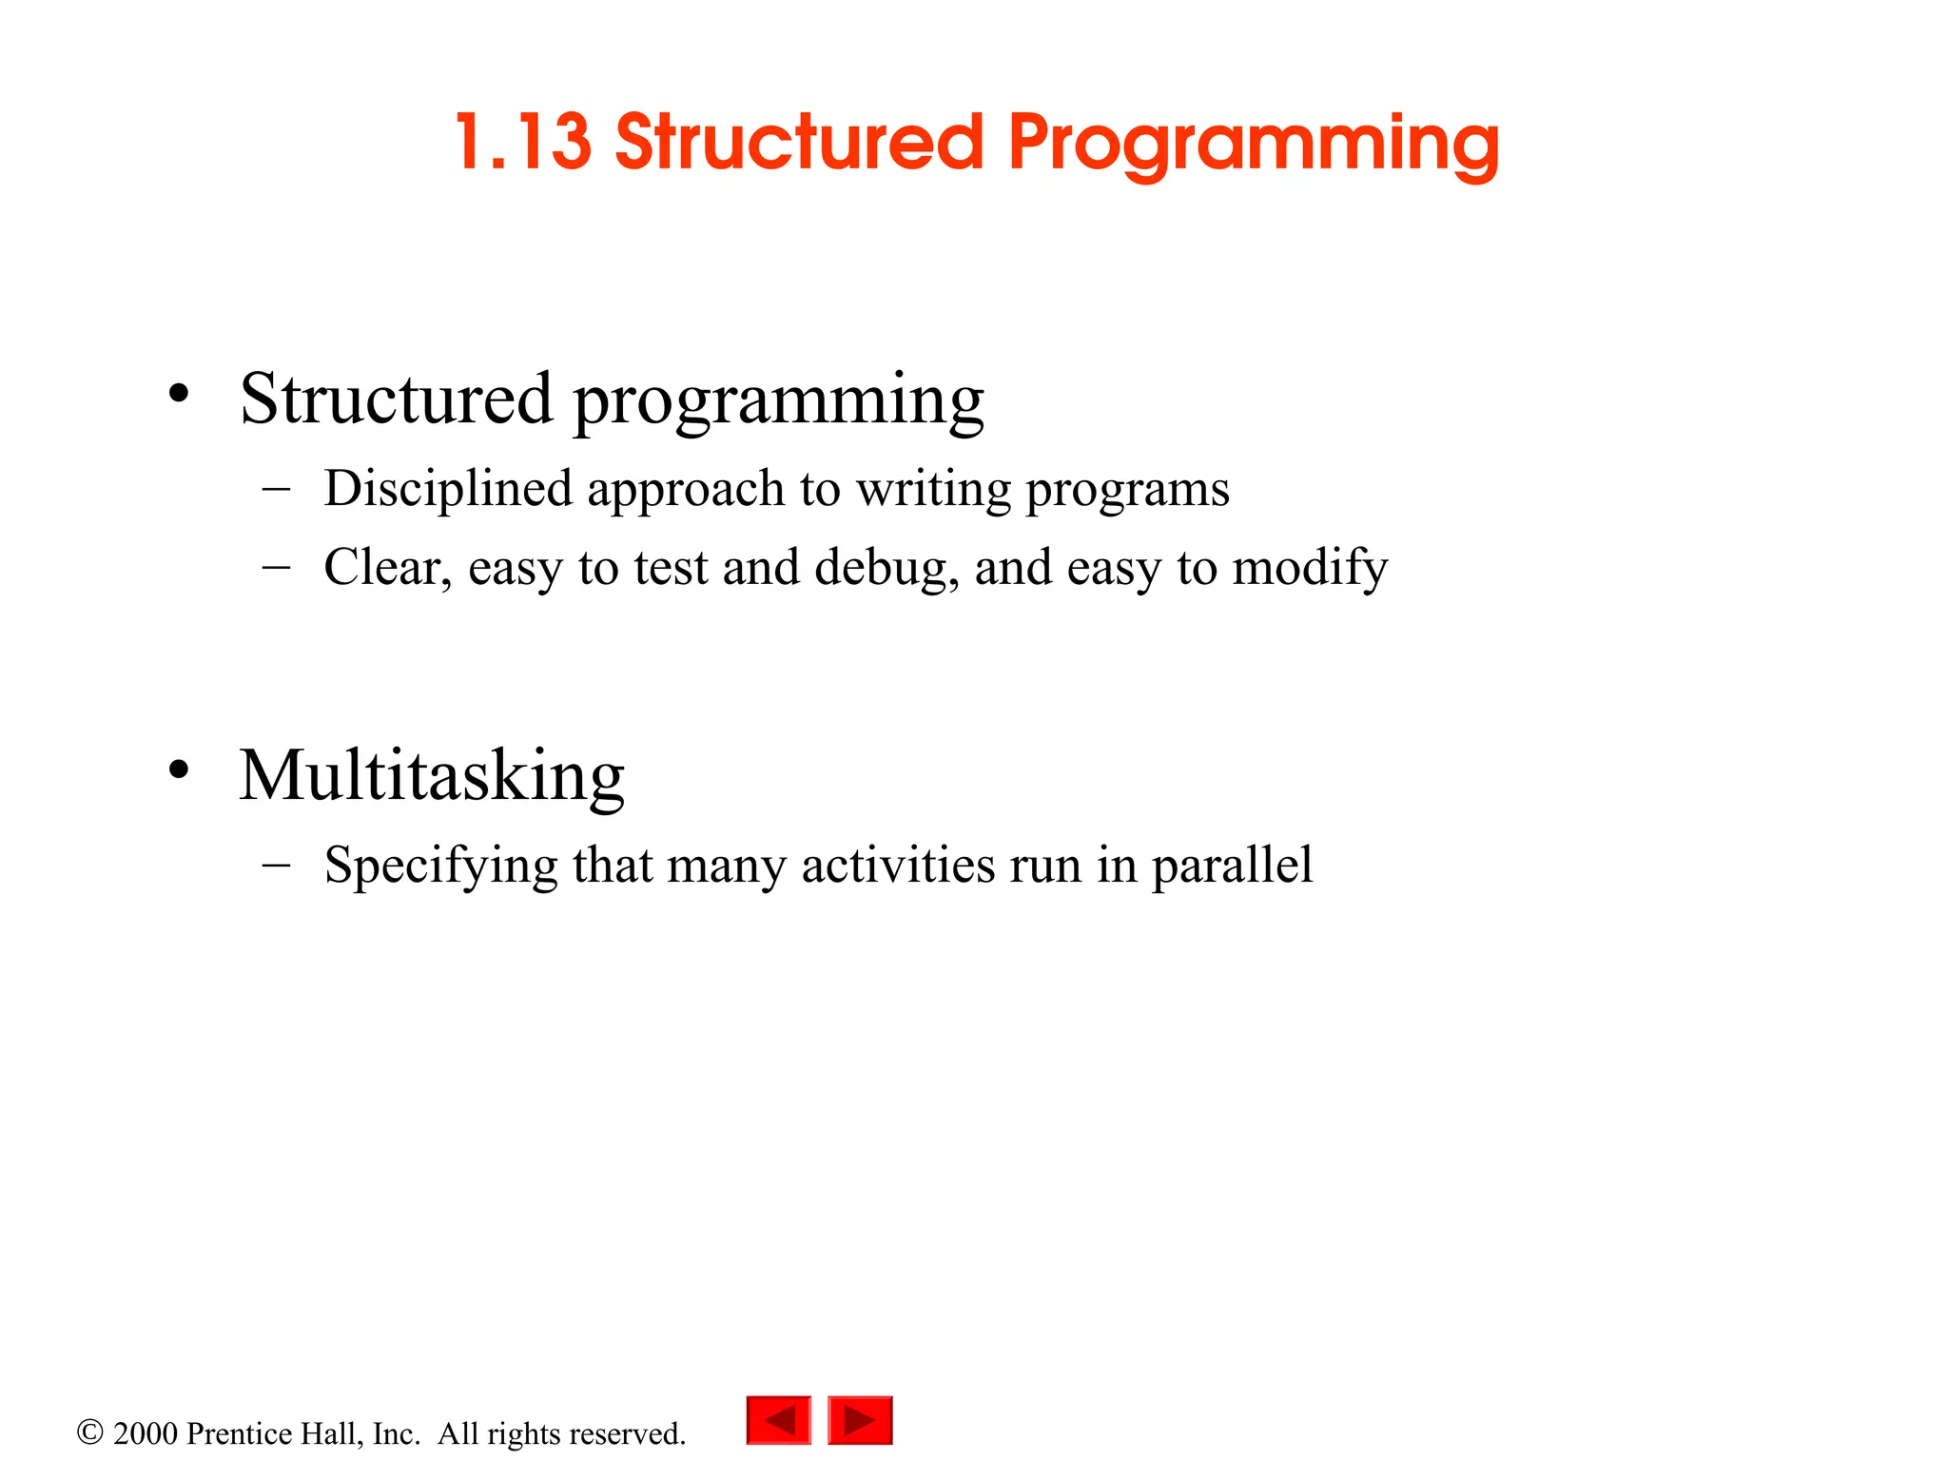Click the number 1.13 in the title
tap(523, 143)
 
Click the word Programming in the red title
tap(1254, 145)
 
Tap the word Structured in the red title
tap(799, 143)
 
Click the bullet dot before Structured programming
tap(179, 393)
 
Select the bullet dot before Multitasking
tap(179, 769)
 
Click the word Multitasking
tap(432, 776)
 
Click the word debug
tap(886, 568)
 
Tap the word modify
tap(1310, 568)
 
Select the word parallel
tap(1232, 866)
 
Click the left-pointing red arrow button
tap(779, 1420)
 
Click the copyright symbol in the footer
tap(89, 1432)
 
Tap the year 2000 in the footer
tap(146, 1433)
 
